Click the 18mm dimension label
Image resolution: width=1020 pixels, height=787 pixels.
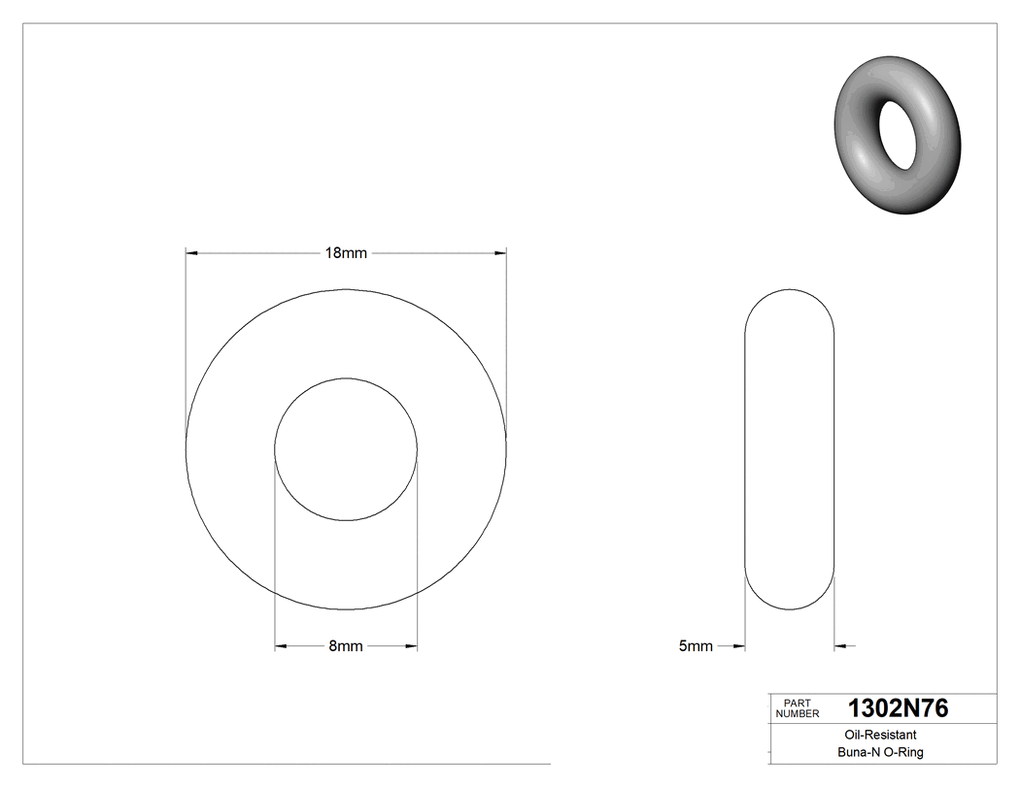pos(346,253)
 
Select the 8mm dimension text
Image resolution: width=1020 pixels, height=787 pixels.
pos(346,646)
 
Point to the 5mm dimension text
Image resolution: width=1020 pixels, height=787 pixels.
pos(695,646)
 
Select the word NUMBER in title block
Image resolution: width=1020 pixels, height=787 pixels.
pos(798,714)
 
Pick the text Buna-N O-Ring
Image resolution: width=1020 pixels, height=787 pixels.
pos(881,753)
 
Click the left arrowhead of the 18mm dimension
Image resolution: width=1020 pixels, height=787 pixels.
pos(191,253)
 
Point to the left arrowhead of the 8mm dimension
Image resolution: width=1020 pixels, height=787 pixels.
pos(281,646)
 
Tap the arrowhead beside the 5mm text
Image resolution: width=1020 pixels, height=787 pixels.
pos(738,646)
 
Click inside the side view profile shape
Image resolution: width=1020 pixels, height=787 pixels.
pos(789,450)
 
